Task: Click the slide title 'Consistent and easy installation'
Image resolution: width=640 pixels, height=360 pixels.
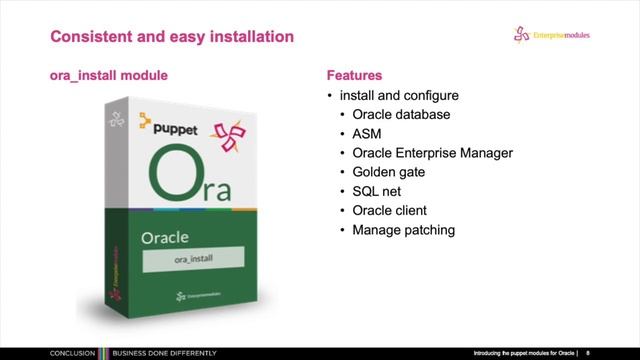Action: coord(172,37)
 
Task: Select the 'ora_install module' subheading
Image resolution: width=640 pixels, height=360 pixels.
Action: coord(108,75)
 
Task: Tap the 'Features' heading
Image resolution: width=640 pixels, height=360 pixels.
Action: coord(355,75)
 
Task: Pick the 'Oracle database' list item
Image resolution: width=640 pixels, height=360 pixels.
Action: coord(401,114)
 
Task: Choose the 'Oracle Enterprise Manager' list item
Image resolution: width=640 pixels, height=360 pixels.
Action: coord(432,153)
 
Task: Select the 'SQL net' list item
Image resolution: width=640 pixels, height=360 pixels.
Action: coord(378,191)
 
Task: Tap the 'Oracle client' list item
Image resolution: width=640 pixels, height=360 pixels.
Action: coord(390,210)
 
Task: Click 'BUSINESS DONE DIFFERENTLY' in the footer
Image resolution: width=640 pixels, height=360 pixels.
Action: coord(151,353)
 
